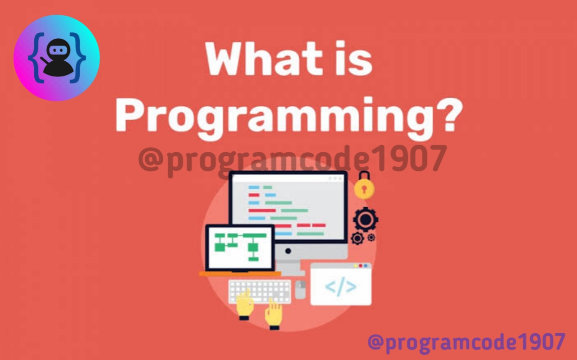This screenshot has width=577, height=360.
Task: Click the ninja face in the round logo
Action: coord(57,50)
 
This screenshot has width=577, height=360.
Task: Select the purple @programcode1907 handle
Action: coord(466,342)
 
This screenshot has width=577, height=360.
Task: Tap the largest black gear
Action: coord(366,219)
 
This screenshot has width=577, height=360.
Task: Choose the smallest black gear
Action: coord(371,237)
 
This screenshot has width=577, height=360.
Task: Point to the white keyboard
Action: coord(260,291)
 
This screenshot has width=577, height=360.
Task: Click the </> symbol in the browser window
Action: coord(341,287)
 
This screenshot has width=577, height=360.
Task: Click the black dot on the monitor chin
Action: coord(288,251)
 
